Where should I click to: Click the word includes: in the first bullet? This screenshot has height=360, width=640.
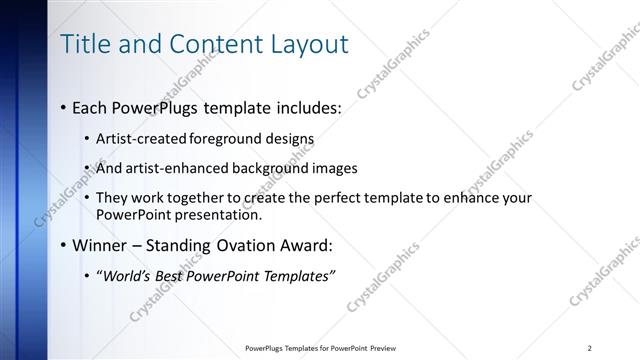click(301, 106)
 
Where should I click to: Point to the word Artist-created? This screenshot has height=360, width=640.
click(137, 138)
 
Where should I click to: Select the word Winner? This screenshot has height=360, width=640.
click(97, 245)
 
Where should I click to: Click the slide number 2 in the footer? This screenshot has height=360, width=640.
click(590, 348)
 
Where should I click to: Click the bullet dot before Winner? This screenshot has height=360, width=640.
click(63, 245)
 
